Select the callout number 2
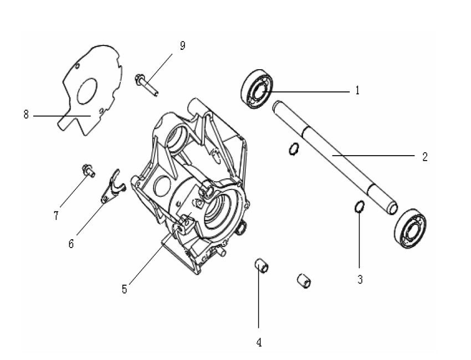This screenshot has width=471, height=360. (424, 157)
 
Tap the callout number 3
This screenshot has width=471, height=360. (360, 280)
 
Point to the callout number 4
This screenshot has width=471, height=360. (259, 342)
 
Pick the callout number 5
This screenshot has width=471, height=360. (125, 289)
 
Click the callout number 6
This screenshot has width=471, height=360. (71, 244)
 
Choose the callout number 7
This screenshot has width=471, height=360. (56, 216)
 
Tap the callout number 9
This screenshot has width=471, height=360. (182, 45)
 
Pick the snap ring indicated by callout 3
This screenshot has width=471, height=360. (359, 208)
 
